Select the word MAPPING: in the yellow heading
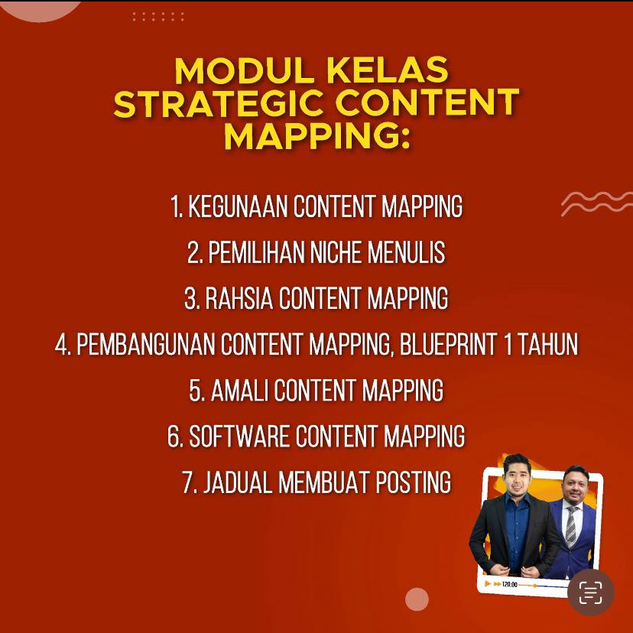(x=316, y=136)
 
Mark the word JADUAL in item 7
(x=237, y=483)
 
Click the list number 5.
(x=196, y=391)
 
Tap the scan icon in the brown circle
(x=591, y=592)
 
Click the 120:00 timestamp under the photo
(x=509, y=585)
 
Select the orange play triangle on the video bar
(x=488, y=585)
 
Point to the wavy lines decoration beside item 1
(x=596, y=203)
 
